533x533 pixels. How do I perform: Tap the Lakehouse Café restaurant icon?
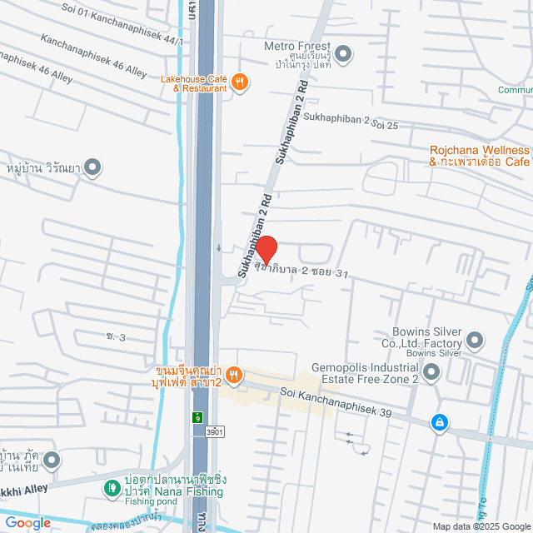[240, 81]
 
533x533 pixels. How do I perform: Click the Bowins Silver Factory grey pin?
[475, 339]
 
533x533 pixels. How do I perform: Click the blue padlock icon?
[438, 423]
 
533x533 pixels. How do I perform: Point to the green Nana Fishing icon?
[111, 487]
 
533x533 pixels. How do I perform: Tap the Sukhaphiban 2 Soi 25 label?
[351, 125]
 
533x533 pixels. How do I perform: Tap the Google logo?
[27, 523]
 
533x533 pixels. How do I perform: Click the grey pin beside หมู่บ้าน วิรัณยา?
[92, 167]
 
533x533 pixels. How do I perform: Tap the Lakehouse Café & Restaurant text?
[194, 83]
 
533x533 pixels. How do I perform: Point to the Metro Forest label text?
[297, 47]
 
